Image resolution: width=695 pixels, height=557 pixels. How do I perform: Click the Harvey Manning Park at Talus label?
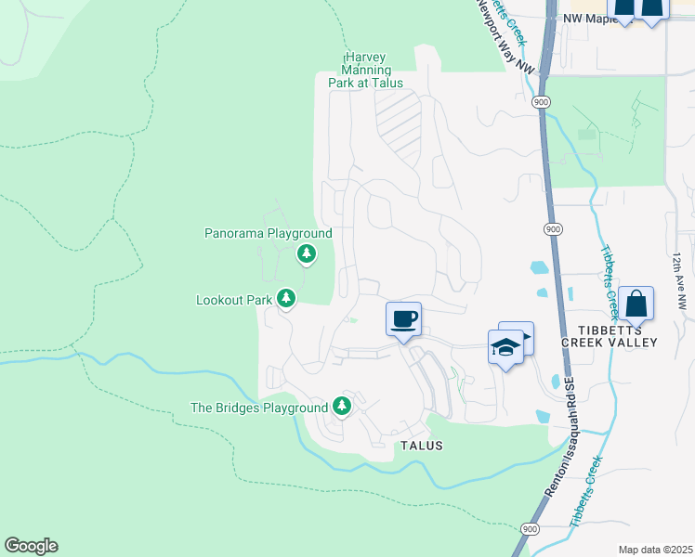(365, 70)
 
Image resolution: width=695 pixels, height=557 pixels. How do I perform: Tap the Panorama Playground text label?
(268, 233)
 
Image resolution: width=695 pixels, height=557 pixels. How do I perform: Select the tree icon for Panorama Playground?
(306, 253)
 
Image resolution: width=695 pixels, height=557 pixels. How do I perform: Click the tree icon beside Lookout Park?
(287, 298)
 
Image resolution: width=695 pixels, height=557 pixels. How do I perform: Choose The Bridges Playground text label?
(259, 407)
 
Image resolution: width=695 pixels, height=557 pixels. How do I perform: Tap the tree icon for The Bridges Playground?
(342, 406)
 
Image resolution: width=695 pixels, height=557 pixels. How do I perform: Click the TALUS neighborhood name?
(421, 446)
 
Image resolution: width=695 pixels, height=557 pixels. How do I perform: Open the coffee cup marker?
(404, 319)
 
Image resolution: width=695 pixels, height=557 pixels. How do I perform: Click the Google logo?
(31, 546)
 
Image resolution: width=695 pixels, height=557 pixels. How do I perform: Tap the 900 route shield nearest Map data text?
(530, 528)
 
